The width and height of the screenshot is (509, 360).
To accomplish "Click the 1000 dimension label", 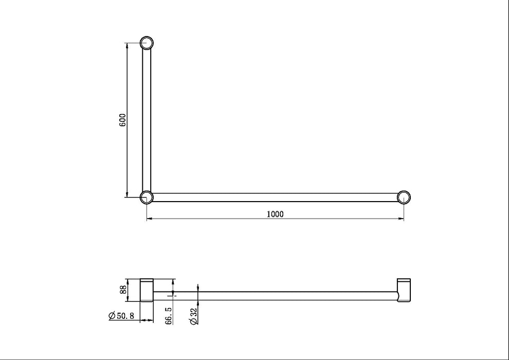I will coord(276,214).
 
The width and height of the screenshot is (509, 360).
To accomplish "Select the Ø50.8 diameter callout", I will coord(121,316).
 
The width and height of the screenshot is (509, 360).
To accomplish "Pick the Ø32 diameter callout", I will coord(193,316).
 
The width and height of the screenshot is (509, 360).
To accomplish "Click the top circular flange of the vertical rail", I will coord(147,42).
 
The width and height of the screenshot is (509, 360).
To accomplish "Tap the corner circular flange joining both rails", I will coord(147,196).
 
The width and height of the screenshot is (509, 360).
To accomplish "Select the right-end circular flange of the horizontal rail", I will coord(404,197).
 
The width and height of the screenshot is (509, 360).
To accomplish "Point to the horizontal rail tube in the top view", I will coord(275,197).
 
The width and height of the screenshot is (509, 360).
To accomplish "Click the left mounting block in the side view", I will coord(147,290).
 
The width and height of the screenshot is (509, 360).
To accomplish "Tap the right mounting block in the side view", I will coord(404,290).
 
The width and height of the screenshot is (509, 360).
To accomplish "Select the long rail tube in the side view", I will coord(275,296).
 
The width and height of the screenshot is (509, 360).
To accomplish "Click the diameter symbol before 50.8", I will coord(112,316).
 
